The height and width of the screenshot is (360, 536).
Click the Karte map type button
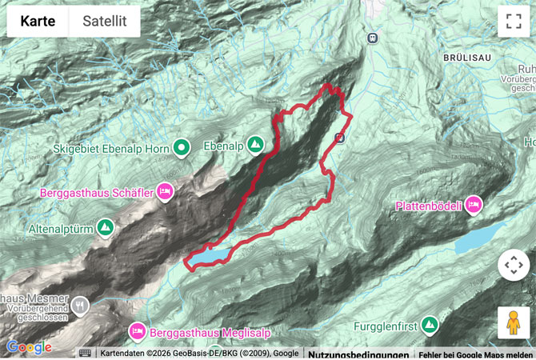tap(38, 22)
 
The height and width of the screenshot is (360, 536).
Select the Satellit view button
tap(105, 22)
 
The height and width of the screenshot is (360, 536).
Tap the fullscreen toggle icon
tap(513, 22)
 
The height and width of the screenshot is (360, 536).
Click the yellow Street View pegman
tap(513, 322)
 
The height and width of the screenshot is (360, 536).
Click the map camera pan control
tap(513, 265)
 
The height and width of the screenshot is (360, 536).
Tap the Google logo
tap(29, 347)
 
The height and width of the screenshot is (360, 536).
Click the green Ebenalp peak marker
tap(255, 145)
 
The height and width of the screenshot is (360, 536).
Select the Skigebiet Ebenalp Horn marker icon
tap(182, 146)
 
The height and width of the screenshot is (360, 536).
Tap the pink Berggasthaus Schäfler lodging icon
tap(165, 190)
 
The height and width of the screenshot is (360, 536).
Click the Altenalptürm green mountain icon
tap(105, 228)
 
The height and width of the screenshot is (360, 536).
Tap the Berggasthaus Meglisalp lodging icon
tap(137, 331)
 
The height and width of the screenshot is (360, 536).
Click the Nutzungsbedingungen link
tap(358, 354)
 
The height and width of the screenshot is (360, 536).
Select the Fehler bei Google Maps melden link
tap(475, 354)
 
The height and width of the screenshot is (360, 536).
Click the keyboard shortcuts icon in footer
tap(85, 353)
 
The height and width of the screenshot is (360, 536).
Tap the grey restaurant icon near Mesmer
tap(80, 304)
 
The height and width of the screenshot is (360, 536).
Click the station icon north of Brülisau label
tap(372, 38)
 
